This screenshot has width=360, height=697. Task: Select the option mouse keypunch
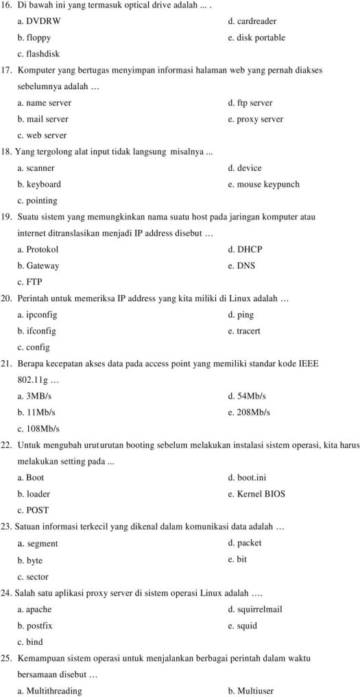(x=263, y=184)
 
